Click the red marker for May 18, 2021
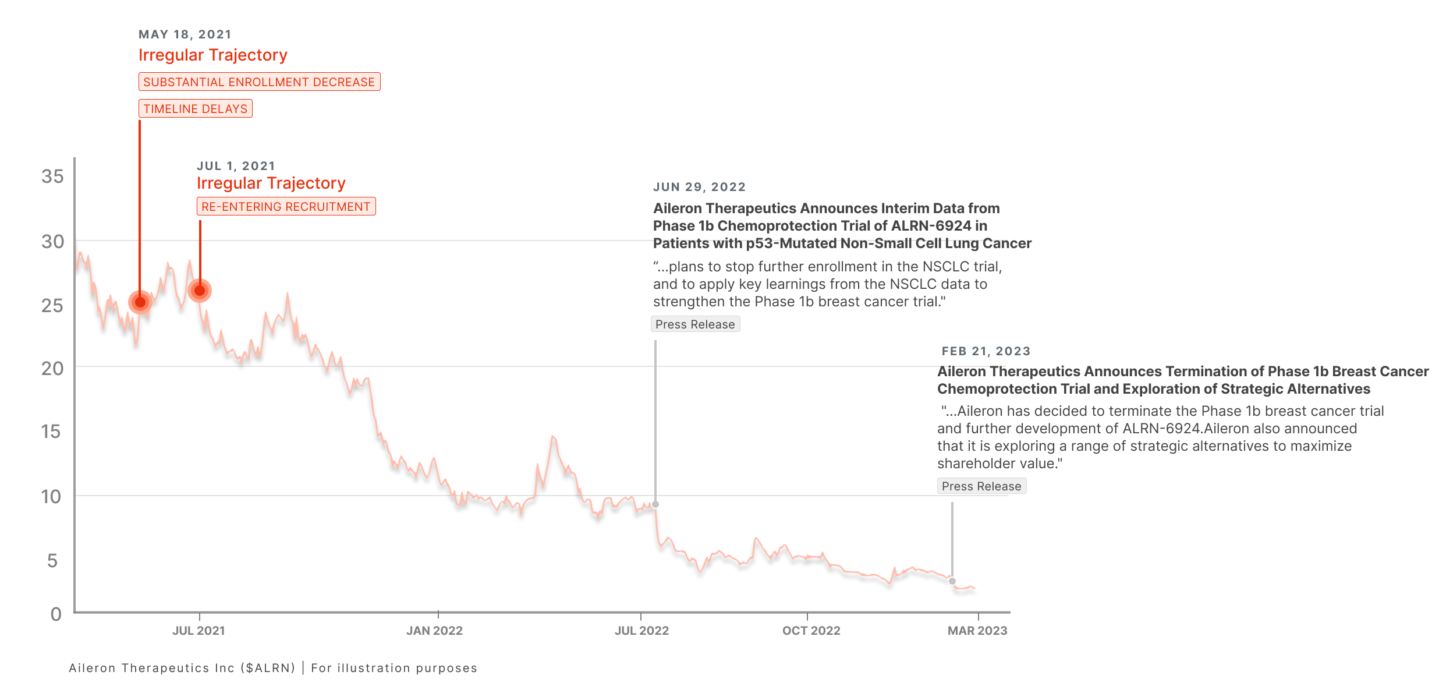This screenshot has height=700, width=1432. [x=140, y=302]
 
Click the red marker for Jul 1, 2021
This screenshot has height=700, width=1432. [x=200, y=291]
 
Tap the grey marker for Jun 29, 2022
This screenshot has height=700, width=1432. [x=655, y=504]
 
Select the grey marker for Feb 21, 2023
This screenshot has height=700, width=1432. [x=952, y=581]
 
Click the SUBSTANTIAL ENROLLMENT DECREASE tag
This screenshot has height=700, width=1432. [x=259, y=82]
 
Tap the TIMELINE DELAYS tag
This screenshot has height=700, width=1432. [x=196, y=109]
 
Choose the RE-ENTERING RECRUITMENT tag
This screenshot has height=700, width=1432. [x=286, y=207]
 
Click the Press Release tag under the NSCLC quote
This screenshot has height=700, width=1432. [x=695, y=324]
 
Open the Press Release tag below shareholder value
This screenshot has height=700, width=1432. [x=981, y=486]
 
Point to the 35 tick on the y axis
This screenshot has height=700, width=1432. [x=52, y=176]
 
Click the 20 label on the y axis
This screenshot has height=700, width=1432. [x=52, y=369]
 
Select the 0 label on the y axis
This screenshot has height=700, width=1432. [x=56, y=614]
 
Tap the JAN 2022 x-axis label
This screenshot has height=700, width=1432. [x=434, y=631]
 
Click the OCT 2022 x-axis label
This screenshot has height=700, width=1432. [x=811, y=631]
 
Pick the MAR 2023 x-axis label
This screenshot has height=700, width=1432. [x=977, y=631]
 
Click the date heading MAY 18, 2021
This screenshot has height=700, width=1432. [x=185, y=34]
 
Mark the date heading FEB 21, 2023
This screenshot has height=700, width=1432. [x=986, y=351]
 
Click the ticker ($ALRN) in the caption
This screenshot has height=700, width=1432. [x=268, y=668]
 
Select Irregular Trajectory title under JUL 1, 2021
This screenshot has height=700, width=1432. [x=271, y=183]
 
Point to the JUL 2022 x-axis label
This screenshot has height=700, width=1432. [x=641, y=631]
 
